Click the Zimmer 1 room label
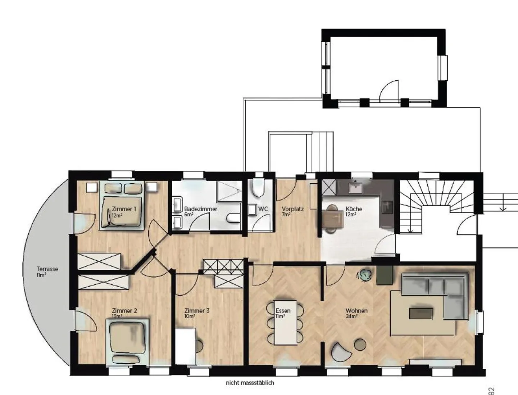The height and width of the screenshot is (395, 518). [x=124, y=209]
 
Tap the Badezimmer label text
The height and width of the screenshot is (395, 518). [x=201, y=209]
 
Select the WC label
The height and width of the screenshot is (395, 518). [x=263, y=209]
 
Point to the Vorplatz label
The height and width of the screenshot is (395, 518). [x=292, y=209]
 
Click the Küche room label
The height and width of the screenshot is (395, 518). [x=354, y=209]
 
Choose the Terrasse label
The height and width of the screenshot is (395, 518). [x=47, y=269]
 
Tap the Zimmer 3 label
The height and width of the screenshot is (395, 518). [x=197, y=311]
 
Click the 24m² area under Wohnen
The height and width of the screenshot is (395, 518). [x=351, y=317]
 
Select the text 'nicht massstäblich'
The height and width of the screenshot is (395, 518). [x=250, y=383]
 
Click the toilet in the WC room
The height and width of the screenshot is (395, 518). [x=258, y=188]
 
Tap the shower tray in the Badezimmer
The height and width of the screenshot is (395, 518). [x=229, y=191]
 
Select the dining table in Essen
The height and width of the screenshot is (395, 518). [x=285, y=323]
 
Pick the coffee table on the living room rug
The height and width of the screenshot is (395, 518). [x=421, y=314]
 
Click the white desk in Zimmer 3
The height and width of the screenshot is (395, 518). [x=185, y=346]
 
